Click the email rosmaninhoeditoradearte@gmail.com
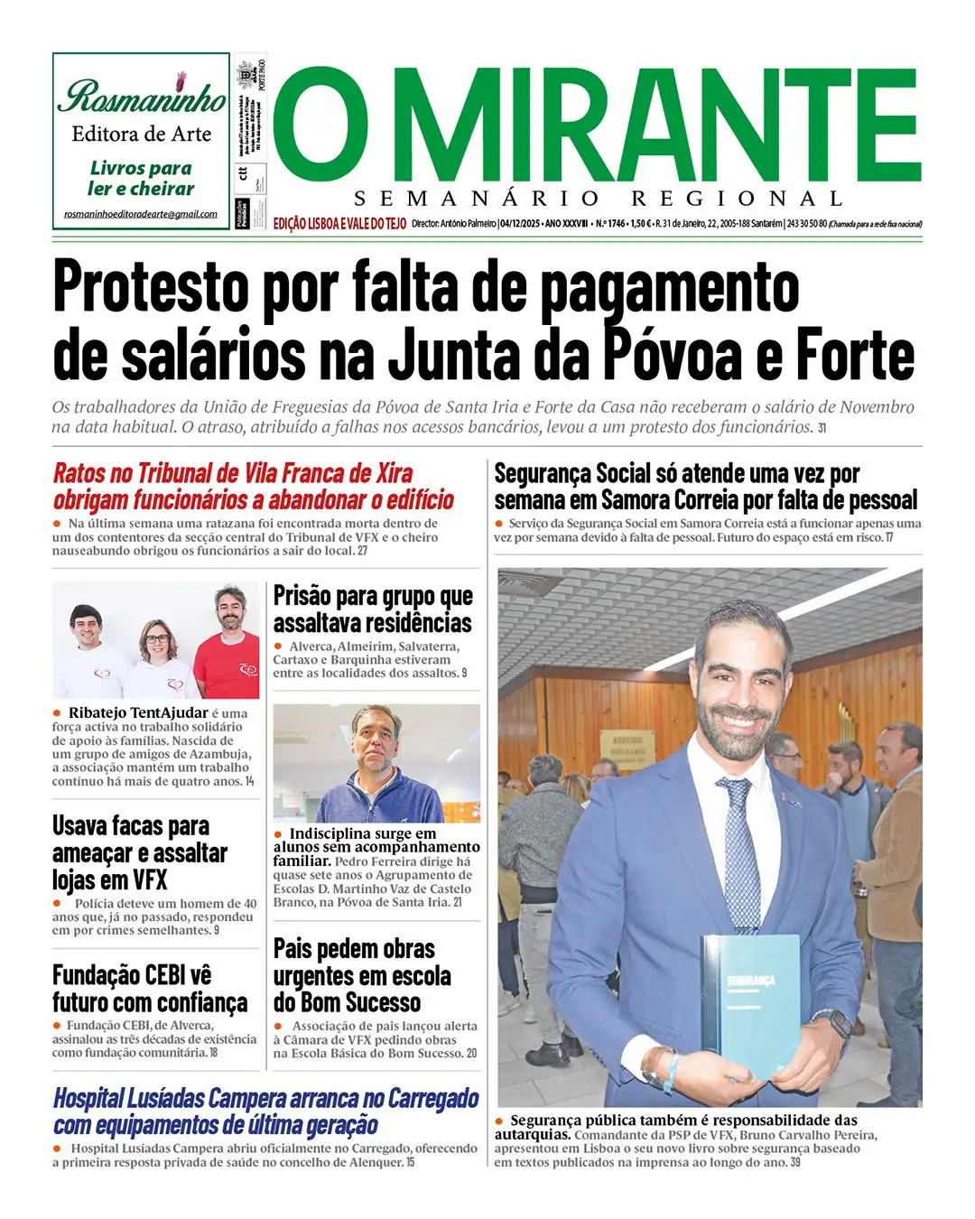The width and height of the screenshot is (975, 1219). pos(141,214)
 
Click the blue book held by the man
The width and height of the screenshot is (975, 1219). pos(752,1007)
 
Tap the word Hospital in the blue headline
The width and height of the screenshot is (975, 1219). pos(88,1098)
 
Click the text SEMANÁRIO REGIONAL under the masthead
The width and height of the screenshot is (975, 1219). pos(598,199)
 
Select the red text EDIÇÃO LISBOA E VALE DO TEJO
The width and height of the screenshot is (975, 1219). pos(339,223)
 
